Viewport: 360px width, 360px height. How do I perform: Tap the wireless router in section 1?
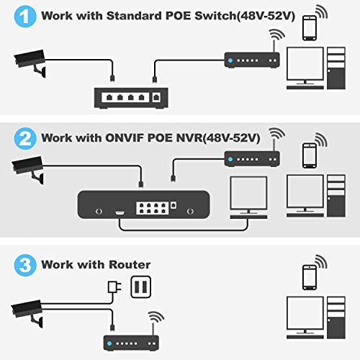[x=248, y=60]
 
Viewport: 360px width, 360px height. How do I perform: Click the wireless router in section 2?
[x=248, y=157]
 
